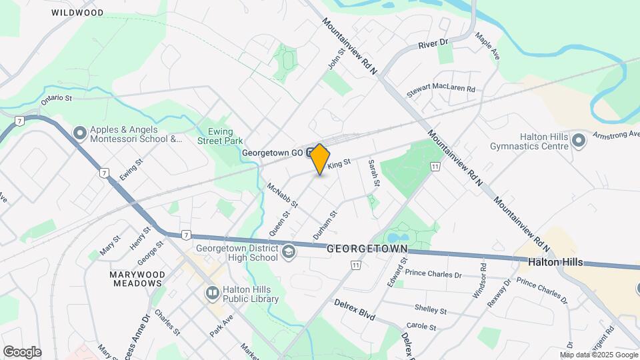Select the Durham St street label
pyautogui.click(x=326, y=225)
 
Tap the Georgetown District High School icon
pyautogui.click(x=288, y=251)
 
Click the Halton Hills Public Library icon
pyautogui.click(x=212, y=291)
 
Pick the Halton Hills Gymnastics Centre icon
pyautogui.click(x=578, y=140)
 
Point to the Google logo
pyautogui.click(x=22, y=352)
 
